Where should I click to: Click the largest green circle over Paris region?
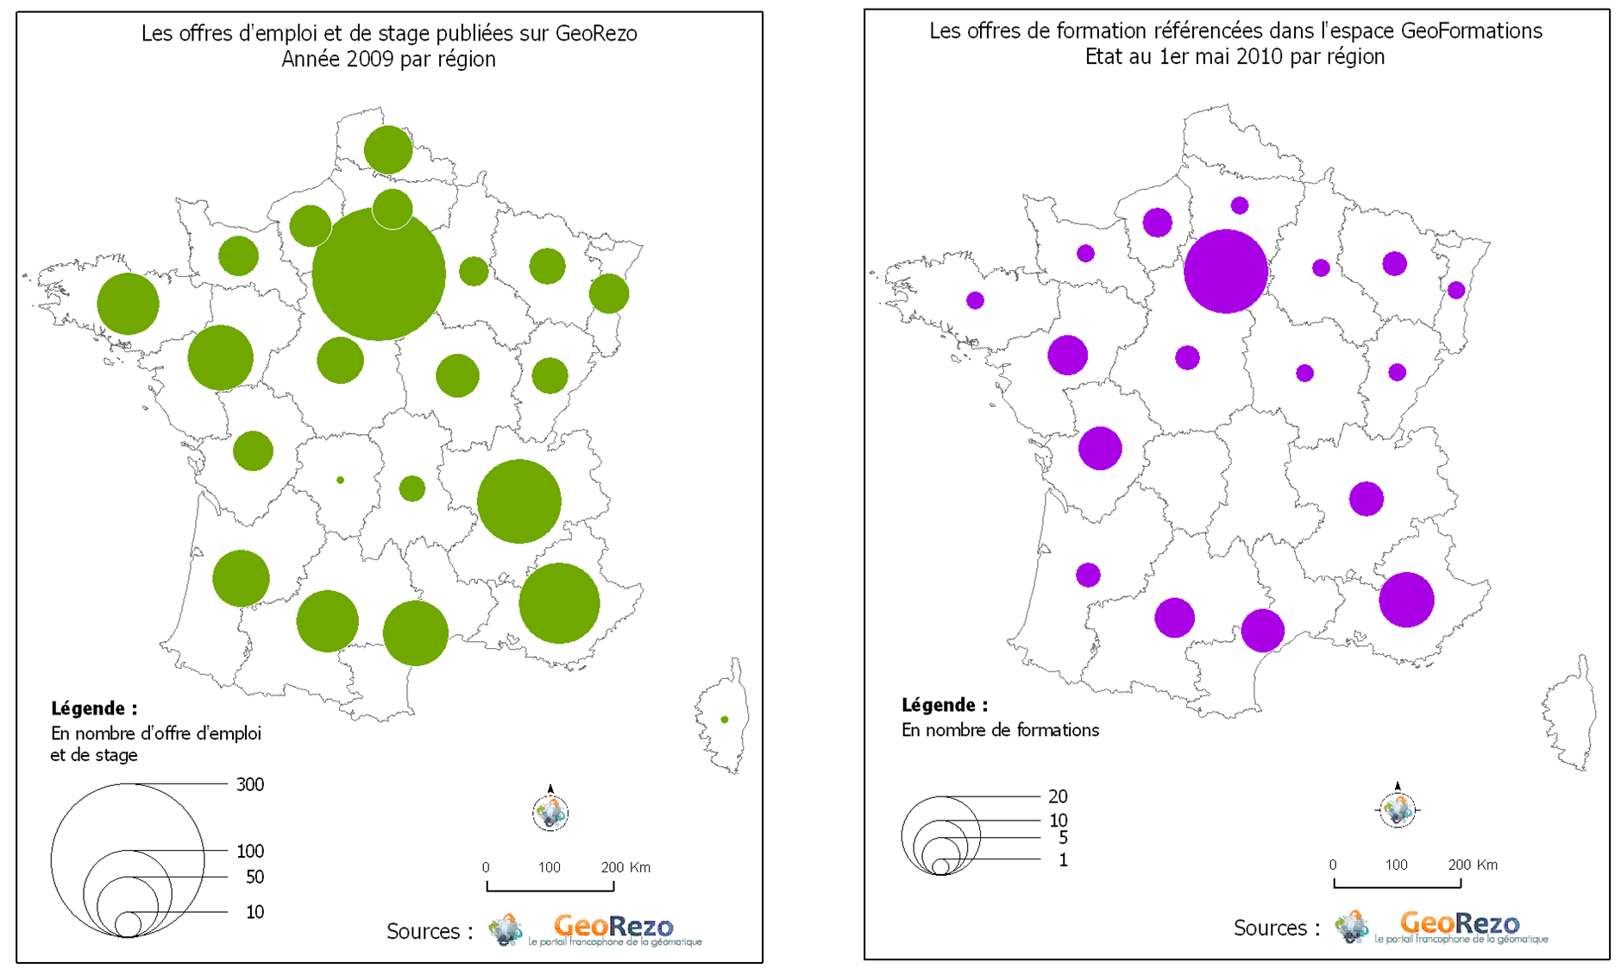(x=379, y=274)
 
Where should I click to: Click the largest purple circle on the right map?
(x=1225, y=271)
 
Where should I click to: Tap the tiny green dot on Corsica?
(x=725, y=720)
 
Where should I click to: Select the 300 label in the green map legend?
(x=250, y=784)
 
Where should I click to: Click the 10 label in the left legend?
(x=254, y=912)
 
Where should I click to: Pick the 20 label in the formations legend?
(x=1058, y=796)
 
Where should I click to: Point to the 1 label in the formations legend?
(x=1063, y=859)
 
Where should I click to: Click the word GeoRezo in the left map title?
(x=596, y=34)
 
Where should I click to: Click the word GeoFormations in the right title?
(x=1471, y=31)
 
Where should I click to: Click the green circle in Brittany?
(x=128, y=304)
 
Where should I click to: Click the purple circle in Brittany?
(x=975, y=300)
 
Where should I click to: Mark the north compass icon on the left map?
(x=550, y=811)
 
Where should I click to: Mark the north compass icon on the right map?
(x=1398, y=808)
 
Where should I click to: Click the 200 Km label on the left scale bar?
(x=625, y=867)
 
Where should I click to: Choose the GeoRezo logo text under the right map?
(x=1460, y=922)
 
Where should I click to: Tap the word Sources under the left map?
(x=423, y=932)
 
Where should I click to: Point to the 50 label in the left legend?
(x=254, y=877)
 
